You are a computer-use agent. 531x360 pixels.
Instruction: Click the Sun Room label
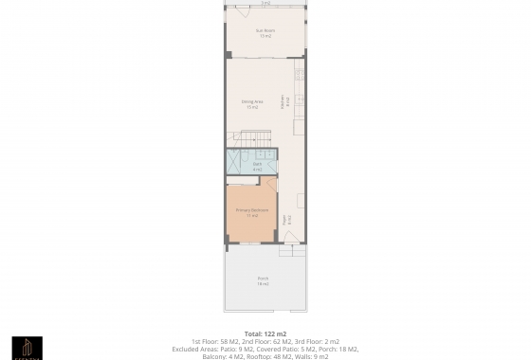(x=265, y=31)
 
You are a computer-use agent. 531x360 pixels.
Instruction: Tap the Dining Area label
(x=252, y=101)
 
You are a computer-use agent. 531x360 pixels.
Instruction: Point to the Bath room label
(x=257, y=164)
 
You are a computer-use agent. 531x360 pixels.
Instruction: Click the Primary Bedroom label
(x=252, y=209)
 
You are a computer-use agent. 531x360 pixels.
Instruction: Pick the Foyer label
(x=286, y=219)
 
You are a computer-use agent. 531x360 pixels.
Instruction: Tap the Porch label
(x=263, y=278)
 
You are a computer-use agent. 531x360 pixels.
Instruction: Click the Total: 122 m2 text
(x=265, y=334)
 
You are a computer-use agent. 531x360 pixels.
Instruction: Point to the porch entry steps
(x=292, y=250)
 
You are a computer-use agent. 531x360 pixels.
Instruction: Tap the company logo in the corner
(x=27, y=348)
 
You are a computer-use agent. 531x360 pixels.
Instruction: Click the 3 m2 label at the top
(x=265, y=3)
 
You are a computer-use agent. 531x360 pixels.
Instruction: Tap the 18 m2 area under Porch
(x=263, y=283)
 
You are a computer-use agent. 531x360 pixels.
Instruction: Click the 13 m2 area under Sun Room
(x=265, y=37)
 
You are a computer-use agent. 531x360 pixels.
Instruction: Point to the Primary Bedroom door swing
(x=269, y=184)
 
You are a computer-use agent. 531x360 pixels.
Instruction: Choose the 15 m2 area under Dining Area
(x=252, y=107)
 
